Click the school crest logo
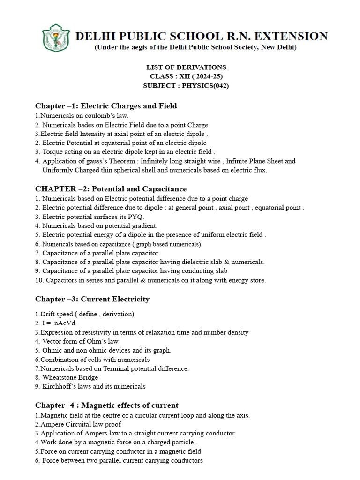click(x=56, y=38)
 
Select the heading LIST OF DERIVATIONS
click(x=187, y=67)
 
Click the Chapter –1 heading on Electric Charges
click(x=106, y=106)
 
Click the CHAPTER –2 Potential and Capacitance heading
click(x=111, y=189)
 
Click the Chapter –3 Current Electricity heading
click(x=92, y=299)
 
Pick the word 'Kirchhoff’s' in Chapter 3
click(x=60, y=387)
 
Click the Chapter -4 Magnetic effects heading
click(x=107, y=405)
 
